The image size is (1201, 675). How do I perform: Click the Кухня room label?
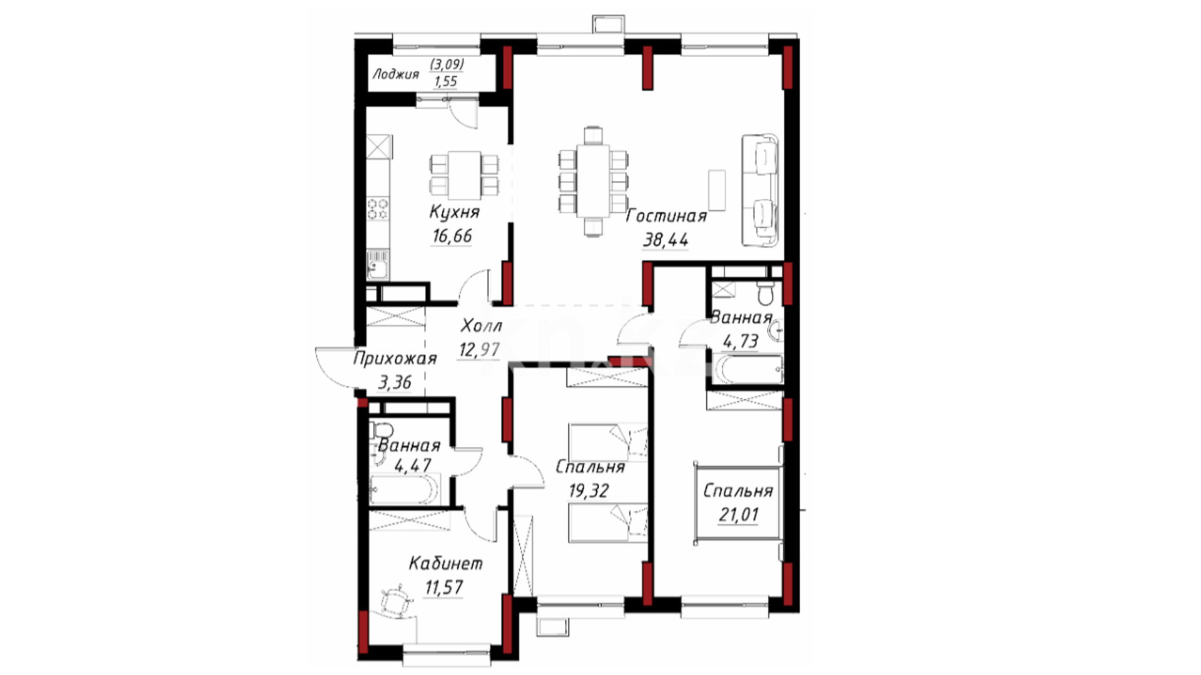click(x=455, y=212)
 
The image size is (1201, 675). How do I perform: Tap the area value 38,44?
click(x=666, y=240)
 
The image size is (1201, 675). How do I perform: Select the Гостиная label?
click(x=666, y=216)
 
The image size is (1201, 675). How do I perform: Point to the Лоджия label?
click(x=395, y=75)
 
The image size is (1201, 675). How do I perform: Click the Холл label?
click(x=481, y=326)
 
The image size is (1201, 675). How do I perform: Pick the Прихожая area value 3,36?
click(x=395, y=382)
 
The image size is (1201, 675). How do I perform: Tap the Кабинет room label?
click(x=445, y=564)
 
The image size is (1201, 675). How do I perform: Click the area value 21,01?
click(x=738, y=515)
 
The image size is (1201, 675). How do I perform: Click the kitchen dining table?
click(x=464, y=172)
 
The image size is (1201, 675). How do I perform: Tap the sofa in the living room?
click(x=761, y=190)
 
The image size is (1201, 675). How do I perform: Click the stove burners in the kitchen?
click(x=378, y=209)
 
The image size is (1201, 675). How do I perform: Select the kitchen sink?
click(x=378, y=264)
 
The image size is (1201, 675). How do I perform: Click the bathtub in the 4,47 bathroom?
click(x=404, y=488)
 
